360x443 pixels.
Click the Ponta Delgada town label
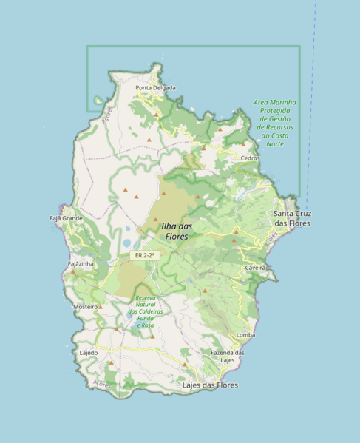tap(155, 88)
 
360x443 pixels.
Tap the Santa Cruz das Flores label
tap(292, 218)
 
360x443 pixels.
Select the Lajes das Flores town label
tap(210, 385)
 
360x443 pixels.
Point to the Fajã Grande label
tap(66, 219)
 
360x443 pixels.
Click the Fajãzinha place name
tap(80, 264)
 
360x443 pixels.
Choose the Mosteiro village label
tap(86, 306)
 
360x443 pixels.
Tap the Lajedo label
tap(88, 353)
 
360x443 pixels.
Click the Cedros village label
tap(250, 158)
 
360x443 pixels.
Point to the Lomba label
tap(245, 335)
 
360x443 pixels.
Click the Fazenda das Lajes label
tap(227, 356)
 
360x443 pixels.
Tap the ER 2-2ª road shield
tap(143, 255)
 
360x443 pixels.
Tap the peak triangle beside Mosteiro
tap(101, 305)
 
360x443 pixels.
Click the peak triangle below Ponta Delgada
tap(156, 115)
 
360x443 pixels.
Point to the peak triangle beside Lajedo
tap(111, 363)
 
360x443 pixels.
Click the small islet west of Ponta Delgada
tap(98, 101)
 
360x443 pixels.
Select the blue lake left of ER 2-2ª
tap(127, 243)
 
